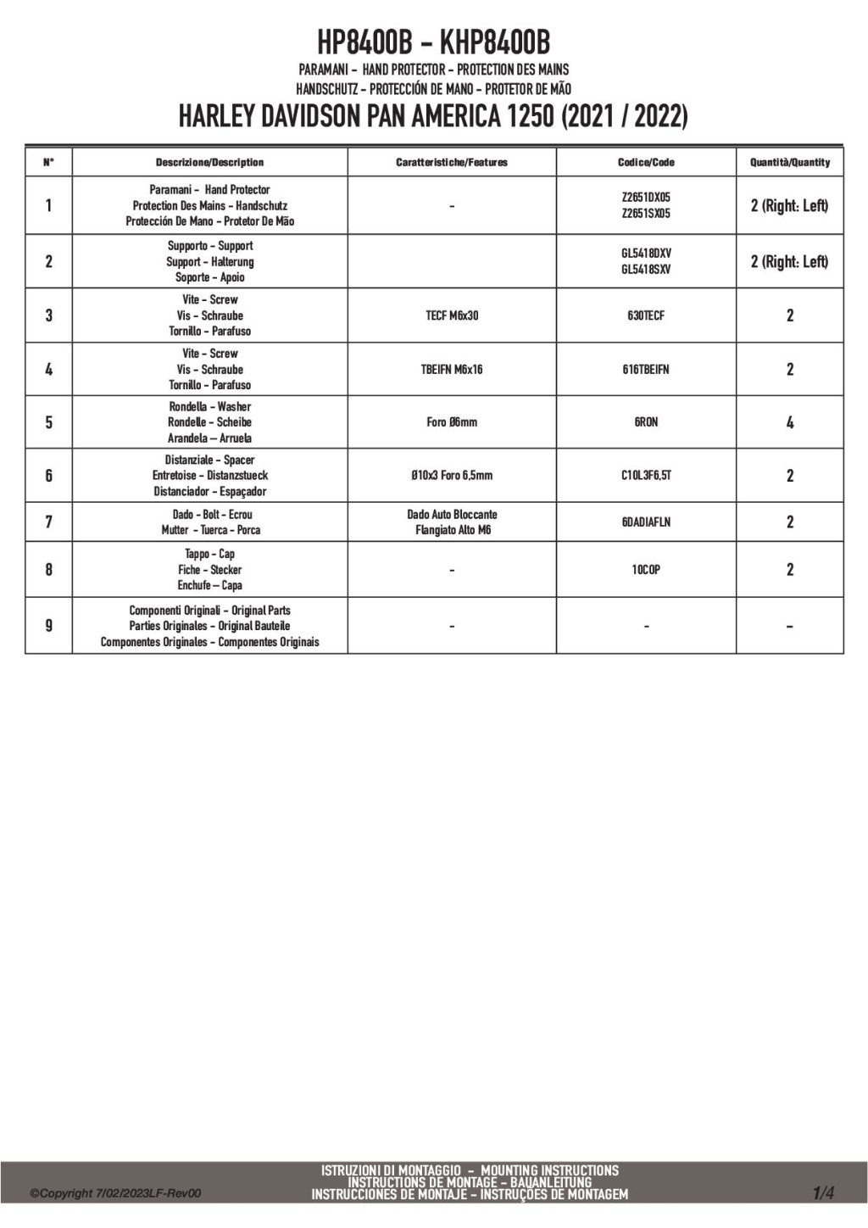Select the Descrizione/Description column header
[209, 162]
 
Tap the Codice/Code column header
[646, 162]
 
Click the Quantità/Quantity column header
[789, 162]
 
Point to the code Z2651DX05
[646, 198]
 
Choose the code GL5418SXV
[646, 270]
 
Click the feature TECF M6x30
[452, 315]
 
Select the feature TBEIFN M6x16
[452, 369]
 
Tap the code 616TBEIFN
[646, 369]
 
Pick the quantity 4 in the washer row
[790, 422]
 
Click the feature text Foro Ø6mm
[452, 422]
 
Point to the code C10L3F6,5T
[646, 476]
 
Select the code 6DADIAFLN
[646, 522]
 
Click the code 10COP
[646, 570]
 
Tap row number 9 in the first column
[48, 626]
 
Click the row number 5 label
[48, 422]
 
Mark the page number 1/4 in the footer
[823, 1193]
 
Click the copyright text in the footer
[116, 1194]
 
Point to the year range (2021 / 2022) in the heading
[624, 116]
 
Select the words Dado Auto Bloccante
[452, 515]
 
